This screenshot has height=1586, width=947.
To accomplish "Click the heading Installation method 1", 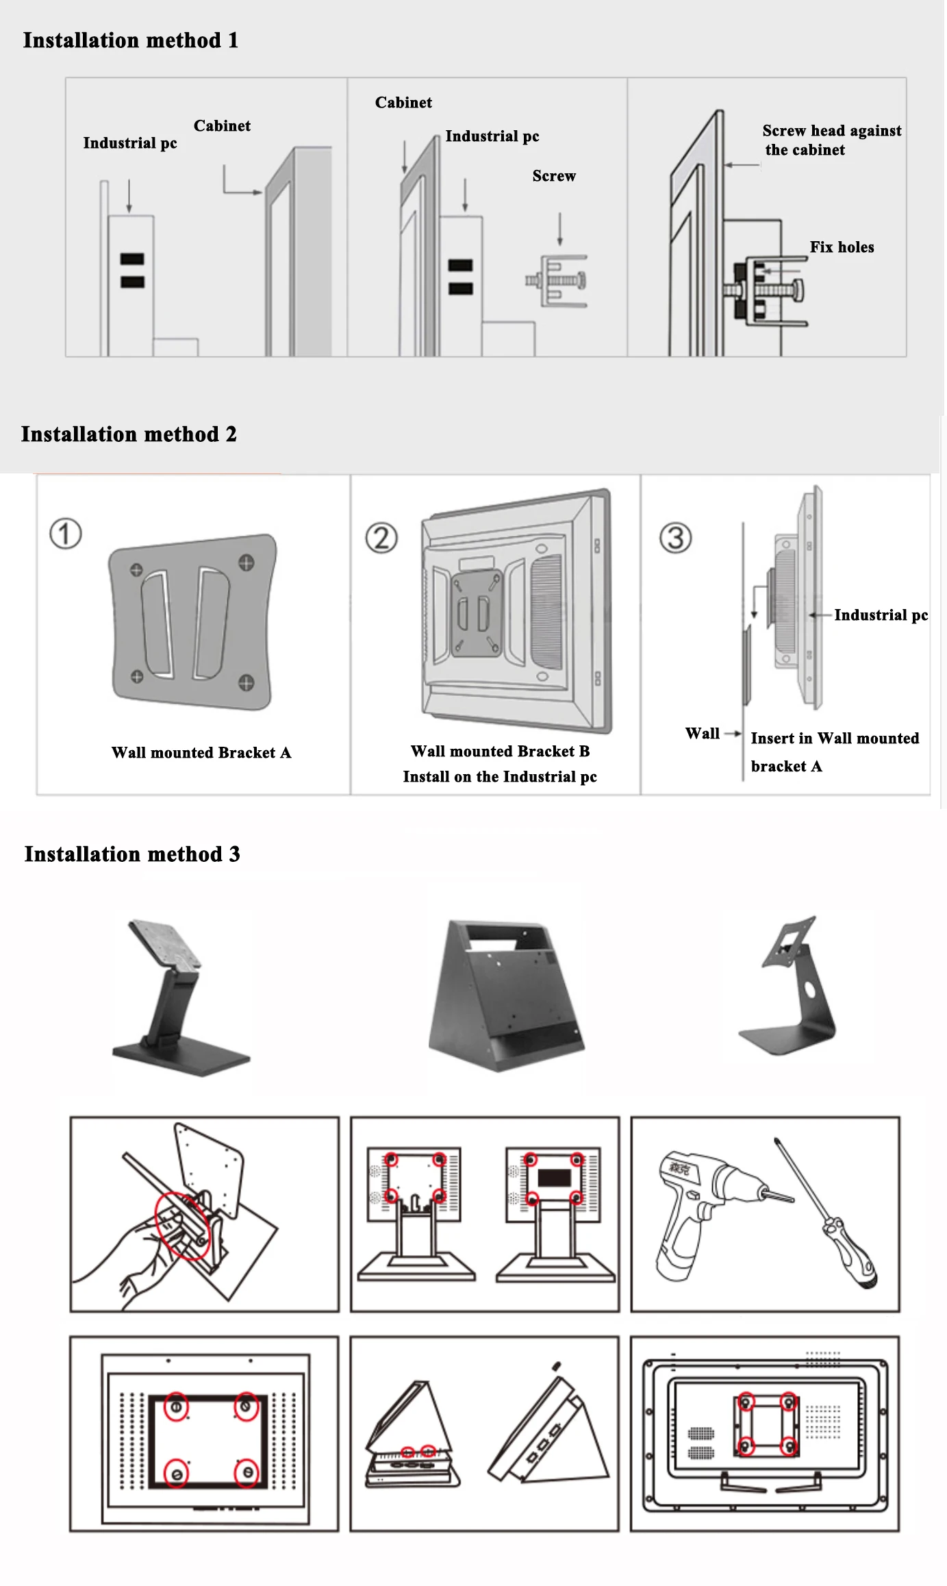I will (130, 40).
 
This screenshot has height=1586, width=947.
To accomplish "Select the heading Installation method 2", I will (129, 434).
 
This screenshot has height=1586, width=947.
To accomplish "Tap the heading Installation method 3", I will (132, 854).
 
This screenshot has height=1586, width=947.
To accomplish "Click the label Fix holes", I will (842, 247).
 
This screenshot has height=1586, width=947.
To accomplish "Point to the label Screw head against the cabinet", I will (831, 140).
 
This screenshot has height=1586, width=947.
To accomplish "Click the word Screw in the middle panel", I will (554, 176).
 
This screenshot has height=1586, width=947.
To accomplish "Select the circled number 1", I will (66, 534).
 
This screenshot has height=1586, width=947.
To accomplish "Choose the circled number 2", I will (381, 538).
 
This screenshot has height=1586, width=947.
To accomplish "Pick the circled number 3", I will (675, 538).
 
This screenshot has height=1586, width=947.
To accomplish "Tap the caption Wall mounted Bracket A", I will (201, 753).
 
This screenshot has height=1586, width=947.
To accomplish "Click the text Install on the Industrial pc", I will (500, 777).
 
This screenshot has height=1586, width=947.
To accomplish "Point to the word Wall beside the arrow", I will (702, 734).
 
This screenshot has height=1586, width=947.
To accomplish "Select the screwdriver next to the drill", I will (829, 1213).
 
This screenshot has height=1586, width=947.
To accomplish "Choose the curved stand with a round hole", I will (794, 987).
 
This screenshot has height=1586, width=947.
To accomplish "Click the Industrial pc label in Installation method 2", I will (881, 615).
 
